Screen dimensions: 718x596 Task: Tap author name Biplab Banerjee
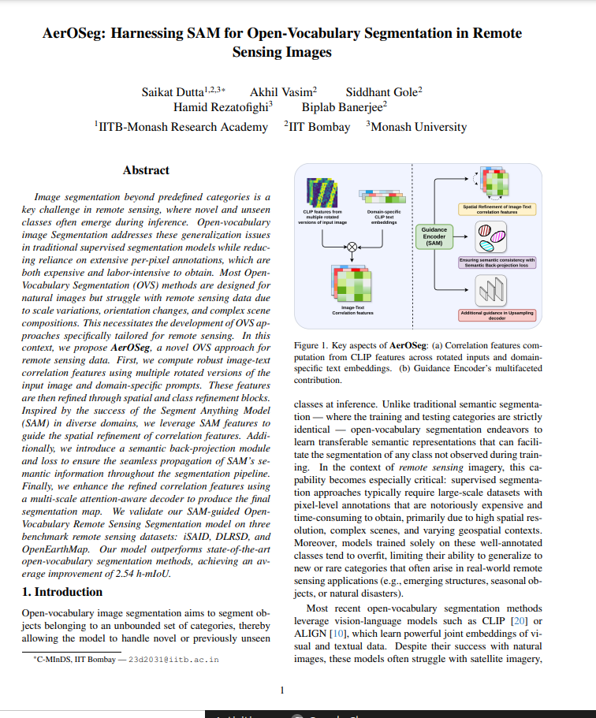[344, 107]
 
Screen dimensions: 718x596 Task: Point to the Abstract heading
[146, 170]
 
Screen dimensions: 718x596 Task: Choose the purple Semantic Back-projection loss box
[497, 262]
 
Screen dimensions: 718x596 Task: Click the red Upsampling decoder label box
[497, 315]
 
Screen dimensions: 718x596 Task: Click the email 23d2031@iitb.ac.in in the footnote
[174, 659]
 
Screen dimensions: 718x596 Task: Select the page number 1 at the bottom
[282, 691]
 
